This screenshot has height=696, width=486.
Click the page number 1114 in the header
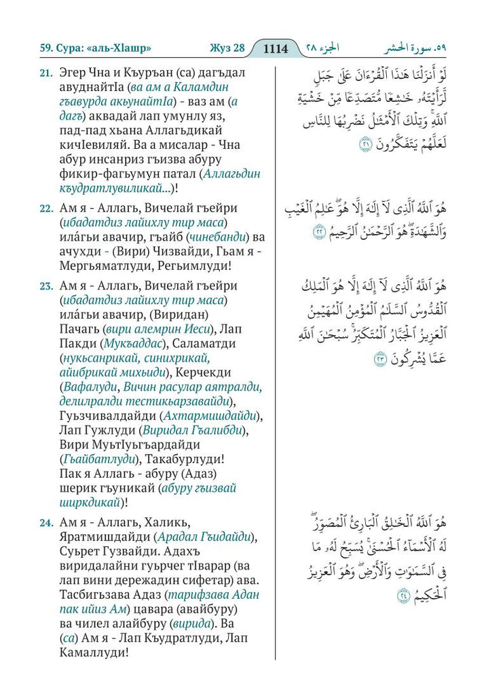(x=276, y=48)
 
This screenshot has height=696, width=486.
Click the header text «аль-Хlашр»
(x=119, y=48)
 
